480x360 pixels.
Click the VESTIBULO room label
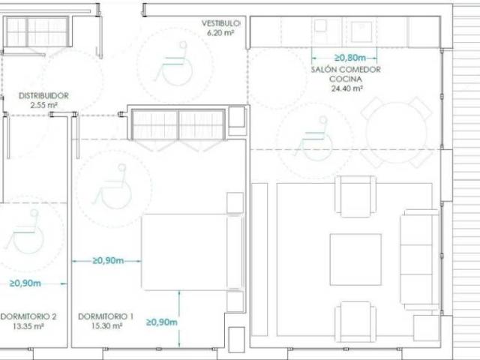(220, 23)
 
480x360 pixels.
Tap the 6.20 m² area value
(220, 33)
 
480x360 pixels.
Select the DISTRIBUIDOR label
(43, 96)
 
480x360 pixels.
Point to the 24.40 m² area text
(346, 88)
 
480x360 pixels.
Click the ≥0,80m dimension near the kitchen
(350, 58)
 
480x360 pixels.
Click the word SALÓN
(323, 70)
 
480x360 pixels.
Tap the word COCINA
(346, 79)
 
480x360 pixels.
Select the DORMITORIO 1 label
(106, 316)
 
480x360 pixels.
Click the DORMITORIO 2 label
(28, 316)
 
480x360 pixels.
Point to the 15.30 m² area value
(106, 326)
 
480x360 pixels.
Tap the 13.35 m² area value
(28, 326)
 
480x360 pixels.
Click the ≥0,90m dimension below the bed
(162, 322)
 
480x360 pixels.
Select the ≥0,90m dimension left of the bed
(108, 261)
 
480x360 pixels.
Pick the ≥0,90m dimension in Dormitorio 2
(25, 283)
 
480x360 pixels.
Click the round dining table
(396, 132)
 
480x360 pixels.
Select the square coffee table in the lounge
(355, 259)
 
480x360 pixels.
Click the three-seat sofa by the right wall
(420, 259)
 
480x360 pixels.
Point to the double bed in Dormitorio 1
(193, 252)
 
